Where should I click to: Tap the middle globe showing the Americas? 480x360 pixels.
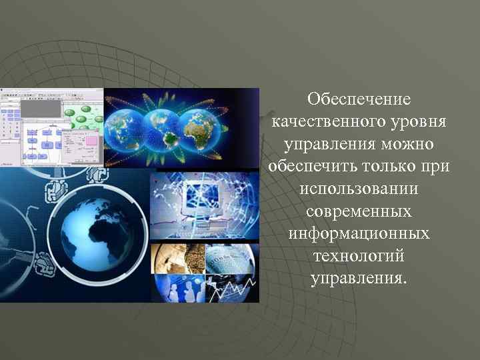click(x=163, y=127)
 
